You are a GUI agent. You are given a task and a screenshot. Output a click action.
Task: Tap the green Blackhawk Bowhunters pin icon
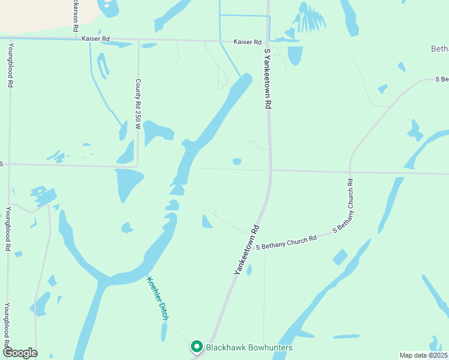(196, 347)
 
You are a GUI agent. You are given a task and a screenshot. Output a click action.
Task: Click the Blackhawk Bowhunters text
(249, 347)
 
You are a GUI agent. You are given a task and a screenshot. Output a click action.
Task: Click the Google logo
(20, 353)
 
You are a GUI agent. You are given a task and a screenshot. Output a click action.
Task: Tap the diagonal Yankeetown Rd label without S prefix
(247, 250)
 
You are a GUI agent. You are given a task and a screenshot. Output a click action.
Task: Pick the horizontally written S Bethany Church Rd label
(286, 242)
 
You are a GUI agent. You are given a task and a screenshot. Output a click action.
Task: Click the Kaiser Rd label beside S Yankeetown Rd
(249, 42)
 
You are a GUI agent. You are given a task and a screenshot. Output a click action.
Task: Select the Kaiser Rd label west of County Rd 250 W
(96, 38)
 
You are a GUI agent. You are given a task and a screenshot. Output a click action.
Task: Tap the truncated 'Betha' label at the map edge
(440, 49)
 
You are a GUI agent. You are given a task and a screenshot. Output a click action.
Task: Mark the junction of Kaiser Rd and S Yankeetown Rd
(268, 42)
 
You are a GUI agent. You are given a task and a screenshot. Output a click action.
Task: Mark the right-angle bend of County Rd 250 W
(137, 166)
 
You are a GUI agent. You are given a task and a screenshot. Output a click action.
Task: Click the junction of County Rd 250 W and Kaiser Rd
(139, 40)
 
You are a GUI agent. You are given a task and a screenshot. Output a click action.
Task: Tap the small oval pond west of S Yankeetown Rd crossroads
(237, 161)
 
